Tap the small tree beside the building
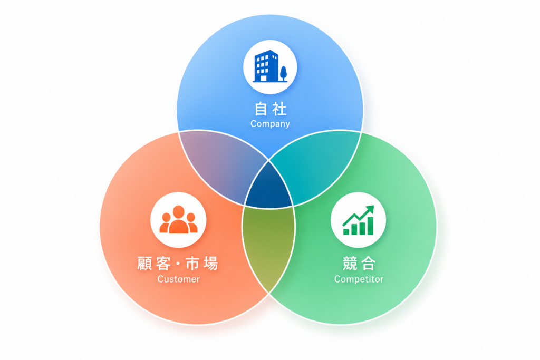click(283, 74)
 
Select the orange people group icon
click(178, 219)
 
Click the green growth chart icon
click(358, 220)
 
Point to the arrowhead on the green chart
click(370, 209)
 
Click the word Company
click(270, 124)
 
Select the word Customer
click(178, 279)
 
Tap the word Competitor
click(359, 279)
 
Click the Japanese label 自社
click(271, 109)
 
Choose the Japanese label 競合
click(359, 264)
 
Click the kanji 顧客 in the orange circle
click(154, 264)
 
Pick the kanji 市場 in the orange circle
click(202, 264)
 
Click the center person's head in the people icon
click(178, 211)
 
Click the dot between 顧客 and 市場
click(178, 264)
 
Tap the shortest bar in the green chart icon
click(346, 231)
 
